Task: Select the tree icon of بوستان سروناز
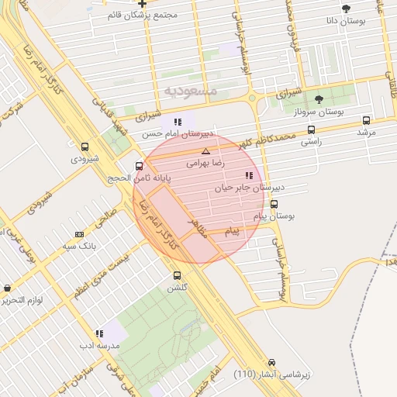pos(319,98)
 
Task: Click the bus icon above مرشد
pos(366,120)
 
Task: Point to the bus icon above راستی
pos(311,129)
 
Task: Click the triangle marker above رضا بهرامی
pos(205,151)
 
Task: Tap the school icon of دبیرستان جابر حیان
pos(248,175)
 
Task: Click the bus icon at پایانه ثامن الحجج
pos(140,166)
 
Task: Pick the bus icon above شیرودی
pos(85,147)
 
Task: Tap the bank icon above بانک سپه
pos(78,233)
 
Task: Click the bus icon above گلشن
pos(177,275)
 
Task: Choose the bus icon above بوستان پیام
pos(274,204)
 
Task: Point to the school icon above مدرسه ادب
pos(98,333)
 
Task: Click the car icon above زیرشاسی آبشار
pos(271,362)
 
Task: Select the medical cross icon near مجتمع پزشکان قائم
pos(142,3)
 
